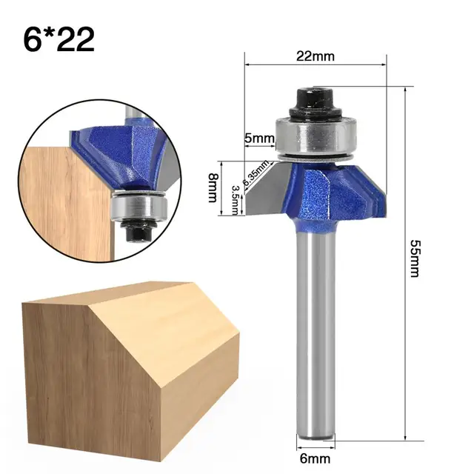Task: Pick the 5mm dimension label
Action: pyautogui.click(x=259, y=138)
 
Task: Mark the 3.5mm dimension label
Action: pyautogui.click(x=235, y=199)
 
